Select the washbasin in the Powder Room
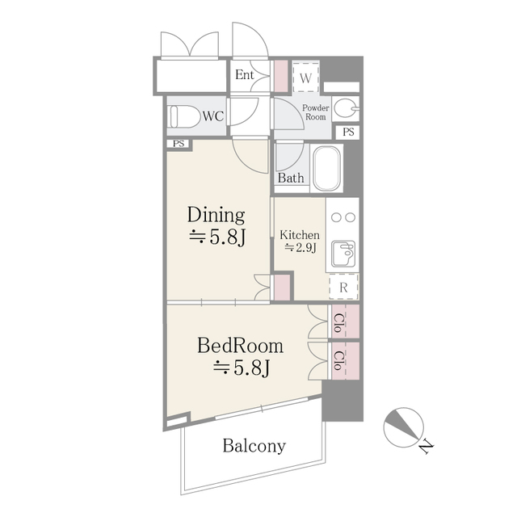345,108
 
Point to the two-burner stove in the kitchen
343,216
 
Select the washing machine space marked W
305,78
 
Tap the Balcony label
254,446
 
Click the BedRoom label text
241,347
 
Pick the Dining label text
216,215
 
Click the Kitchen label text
300,235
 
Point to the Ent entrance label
245,75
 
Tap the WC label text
212,116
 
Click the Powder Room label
315,112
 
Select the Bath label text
291,178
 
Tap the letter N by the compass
425,445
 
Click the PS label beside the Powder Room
348,132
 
